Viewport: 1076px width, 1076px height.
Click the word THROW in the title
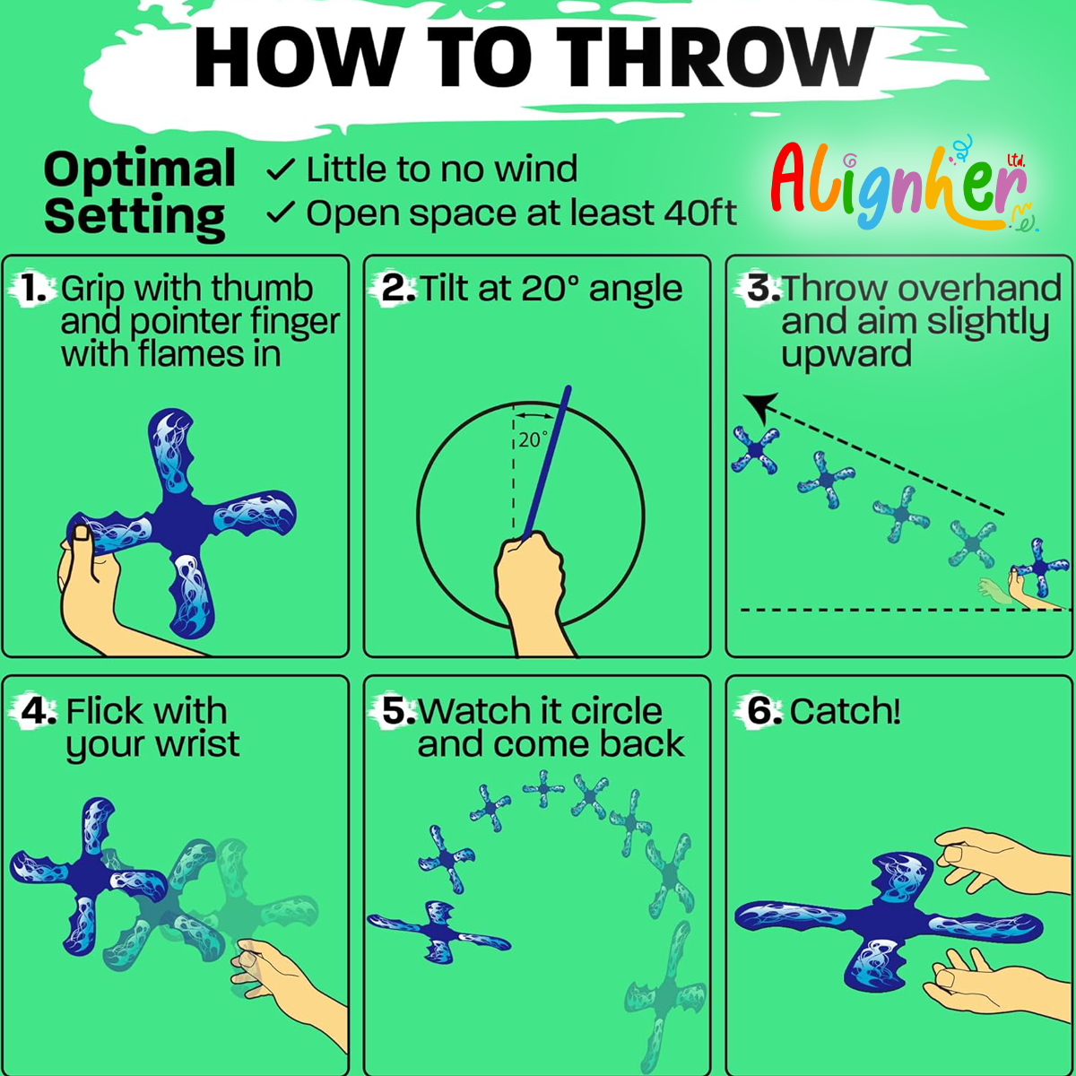click(x=715, y=57)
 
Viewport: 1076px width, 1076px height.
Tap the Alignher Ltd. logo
click(x=904, y=185)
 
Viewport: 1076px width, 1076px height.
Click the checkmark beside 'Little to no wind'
click(x=281, y=169)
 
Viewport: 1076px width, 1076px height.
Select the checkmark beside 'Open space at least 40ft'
click(x=281, y=213)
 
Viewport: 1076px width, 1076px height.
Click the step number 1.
click(x=34, y=289)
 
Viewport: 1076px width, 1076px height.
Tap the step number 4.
click(x=38, y=711)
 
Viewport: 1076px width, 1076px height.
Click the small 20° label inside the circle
click(x=532, y=440)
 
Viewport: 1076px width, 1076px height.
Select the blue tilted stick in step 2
click(x=547, y=461)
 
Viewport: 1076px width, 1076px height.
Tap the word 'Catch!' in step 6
click(x=845, y=711)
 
